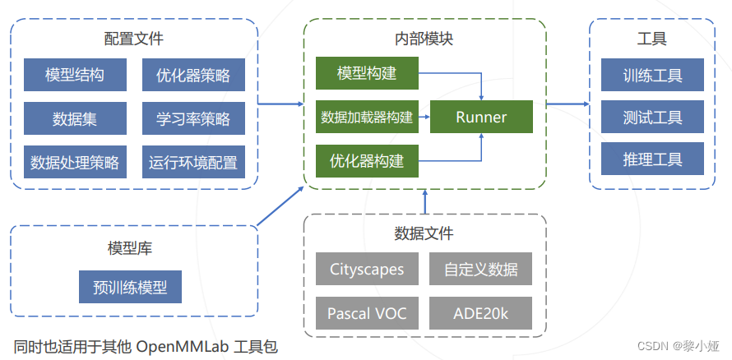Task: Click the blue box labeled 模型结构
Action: click(75, 76)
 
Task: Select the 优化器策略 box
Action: click(193, 76)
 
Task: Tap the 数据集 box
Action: click(75, 118)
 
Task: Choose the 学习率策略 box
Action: click(193, 118)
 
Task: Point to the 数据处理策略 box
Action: click(75, 162)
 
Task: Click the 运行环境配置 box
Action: click(193, 162)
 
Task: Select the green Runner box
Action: click(481, 118)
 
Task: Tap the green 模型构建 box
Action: click(367, 74)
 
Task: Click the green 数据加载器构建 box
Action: click(367, 118)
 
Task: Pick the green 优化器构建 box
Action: click(367, 161)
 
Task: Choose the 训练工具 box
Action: click(652, 75)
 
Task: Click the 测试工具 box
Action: click(652, 118)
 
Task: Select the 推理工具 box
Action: click(652, 159)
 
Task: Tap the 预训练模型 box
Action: click(130, 288)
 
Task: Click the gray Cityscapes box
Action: click(367, 269)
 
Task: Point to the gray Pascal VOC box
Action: click(367, 313)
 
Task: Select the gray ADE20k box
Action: click(480, 313)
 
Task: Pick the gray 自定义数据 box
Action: click(480, 269)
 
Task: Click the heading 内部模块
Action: click(424, 39)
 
